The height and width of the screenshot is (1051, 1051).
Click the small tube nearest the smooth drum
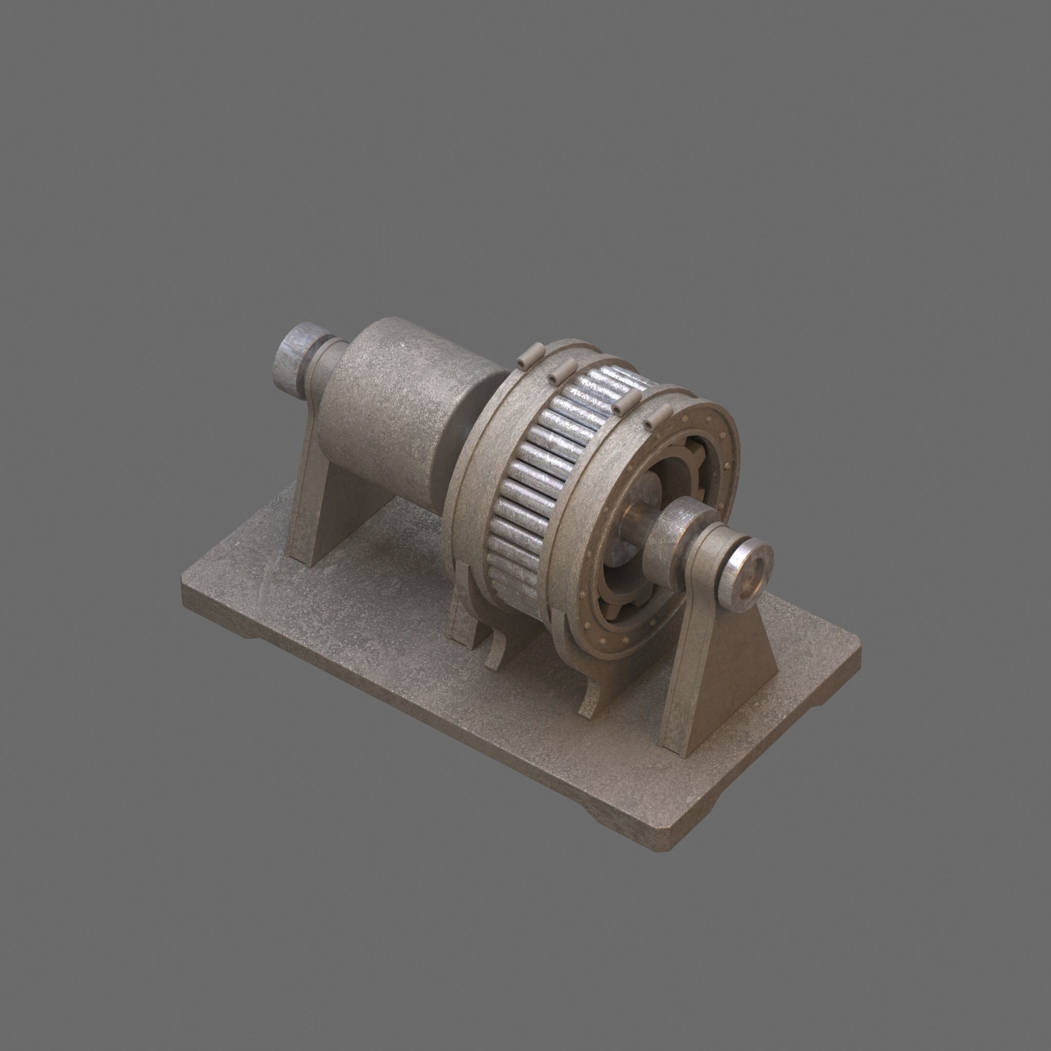528,355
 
